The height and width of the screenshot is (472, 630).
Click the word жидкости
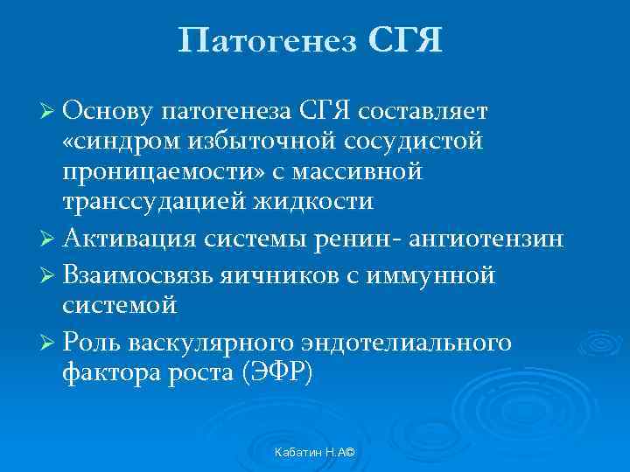[317, 201]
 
